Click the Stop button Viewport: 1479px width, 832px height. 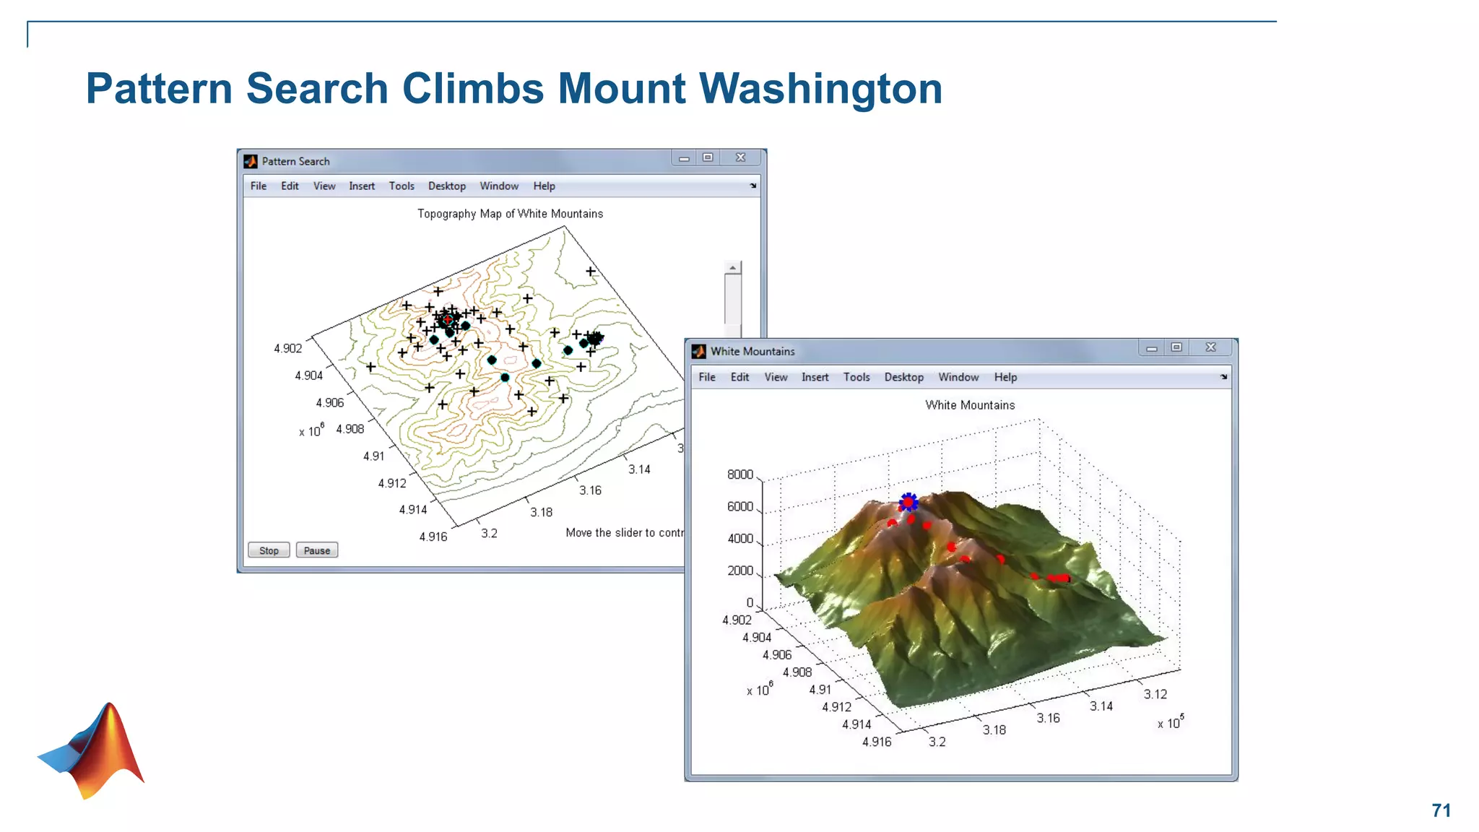tap(269, 550)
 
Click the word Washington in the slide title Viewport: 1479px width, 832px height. tap(820, 89)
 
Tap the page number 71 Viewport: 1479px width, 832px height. tap(1441, 810)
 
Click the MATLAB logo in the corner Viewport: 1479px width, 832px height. tap(94, 751)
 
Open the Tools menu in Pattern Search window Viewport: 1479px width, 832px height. tap(402, 186)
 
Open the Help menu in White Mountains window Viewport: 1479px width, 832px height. tap(1005, 377)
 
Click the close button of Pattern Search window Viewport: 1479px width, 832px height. tap(740, 157)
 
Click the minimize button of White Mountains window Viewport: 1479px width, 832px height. tap(1152, 348)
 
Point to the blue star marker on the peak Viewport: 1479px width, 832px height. tap(908, 502)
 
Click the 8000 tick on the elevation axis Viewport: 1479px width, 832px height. tap(739, 474)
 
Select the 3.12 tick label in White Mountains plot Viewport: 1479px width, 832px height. tap(1155, 694)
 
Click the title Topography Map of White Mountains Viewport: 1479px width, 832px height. tap(510, 214)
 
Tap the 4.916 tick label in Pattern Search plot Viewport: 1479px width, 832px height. tap(433, 537)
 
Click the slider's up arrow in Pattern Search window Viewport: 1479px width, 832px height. tap(732, 268)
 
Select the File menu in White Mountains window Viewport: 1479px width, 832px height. tap(707, 377)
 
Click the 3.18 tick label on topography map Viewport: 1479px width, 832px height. tap(541, 512)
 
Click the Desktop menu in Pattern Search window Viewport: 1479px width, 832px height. tap(446, 186)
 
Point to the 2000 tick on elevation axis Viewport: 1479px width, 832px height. tap(739, 571)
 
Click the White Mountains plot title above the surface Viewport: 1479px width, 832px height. tap(970, 405)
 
